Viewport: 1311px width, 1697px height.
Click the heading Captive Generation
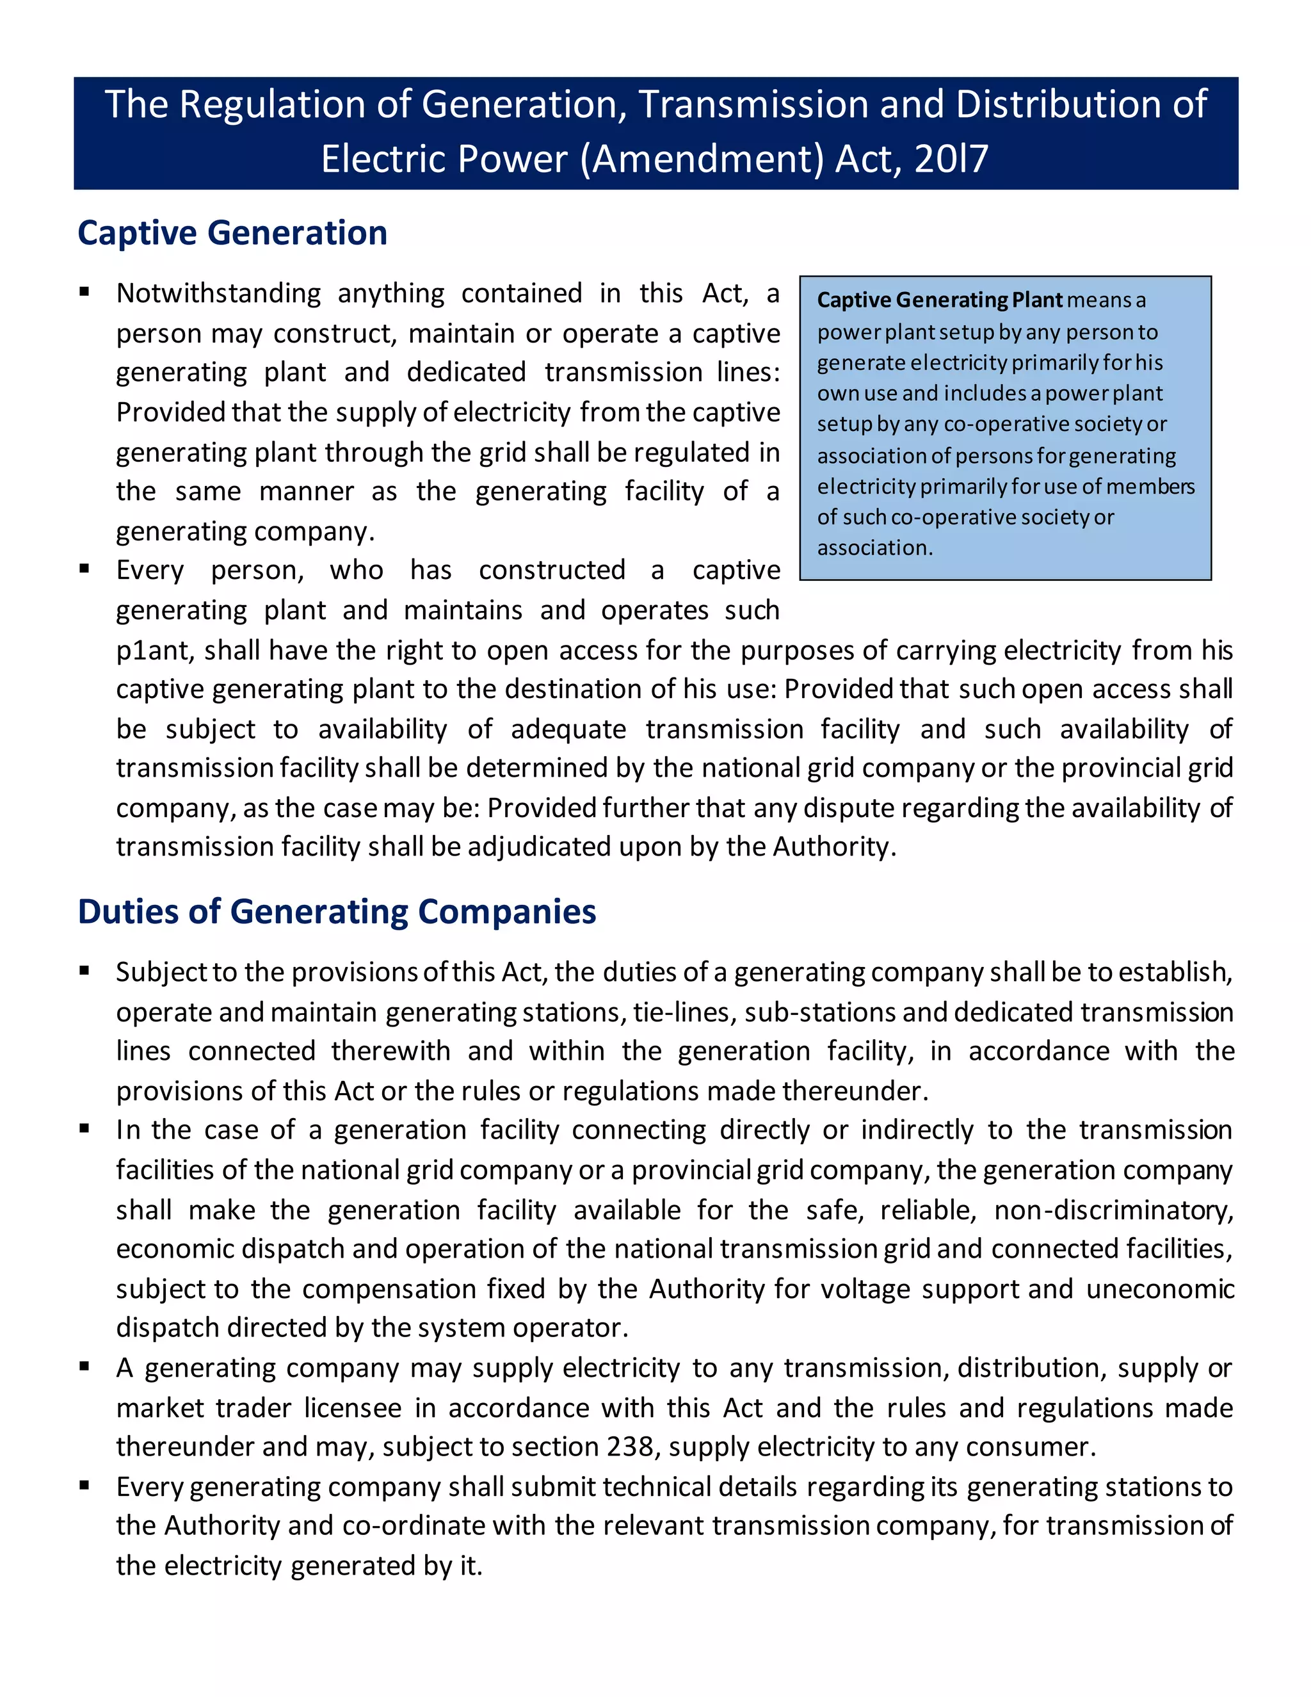(232, 233)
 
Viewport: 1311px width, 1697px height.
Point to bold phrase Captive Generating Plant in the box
(939, 300)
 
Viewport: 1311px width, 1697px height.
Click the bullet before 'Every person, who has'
(84, 569)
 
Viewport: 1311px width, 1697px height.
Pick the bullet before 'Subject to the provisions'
(84, 970)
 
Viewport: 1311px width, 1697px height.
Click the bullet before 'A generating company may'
(84, 1367)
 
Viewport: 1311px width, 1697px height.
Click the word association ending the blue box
(874, 548)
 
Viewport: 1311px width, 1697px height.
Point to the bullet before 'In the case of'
(84, 1129)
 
